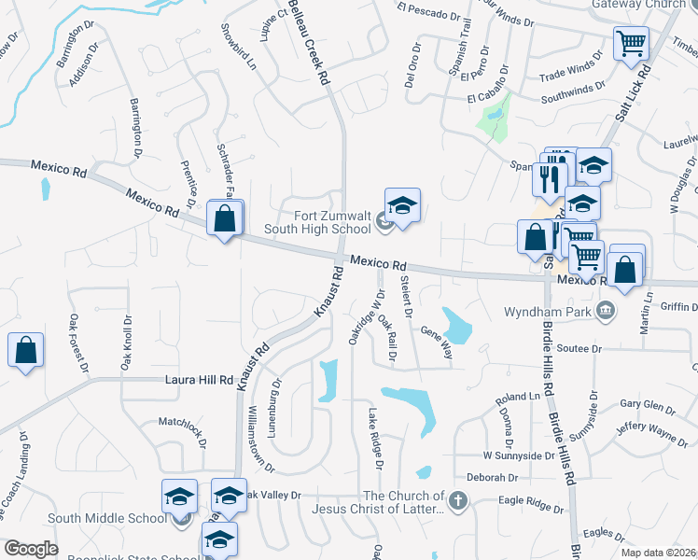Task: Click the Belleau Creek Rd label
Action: pyautogui.click(x=310, y=42)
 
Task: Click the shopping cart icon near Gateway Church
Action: pyautogui.click(x=632, y=43)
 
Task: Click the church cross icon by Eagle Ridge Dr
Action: pyautogui.click(x=456, y=501)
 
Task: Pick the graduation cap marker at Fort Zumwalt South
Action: pyautogui.click(x=402, y=205)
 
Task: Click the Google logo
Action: pyautogui.click(x=32, y=549)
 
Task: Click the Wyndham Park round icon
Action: pyautogui.click(x=607, y=310)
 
